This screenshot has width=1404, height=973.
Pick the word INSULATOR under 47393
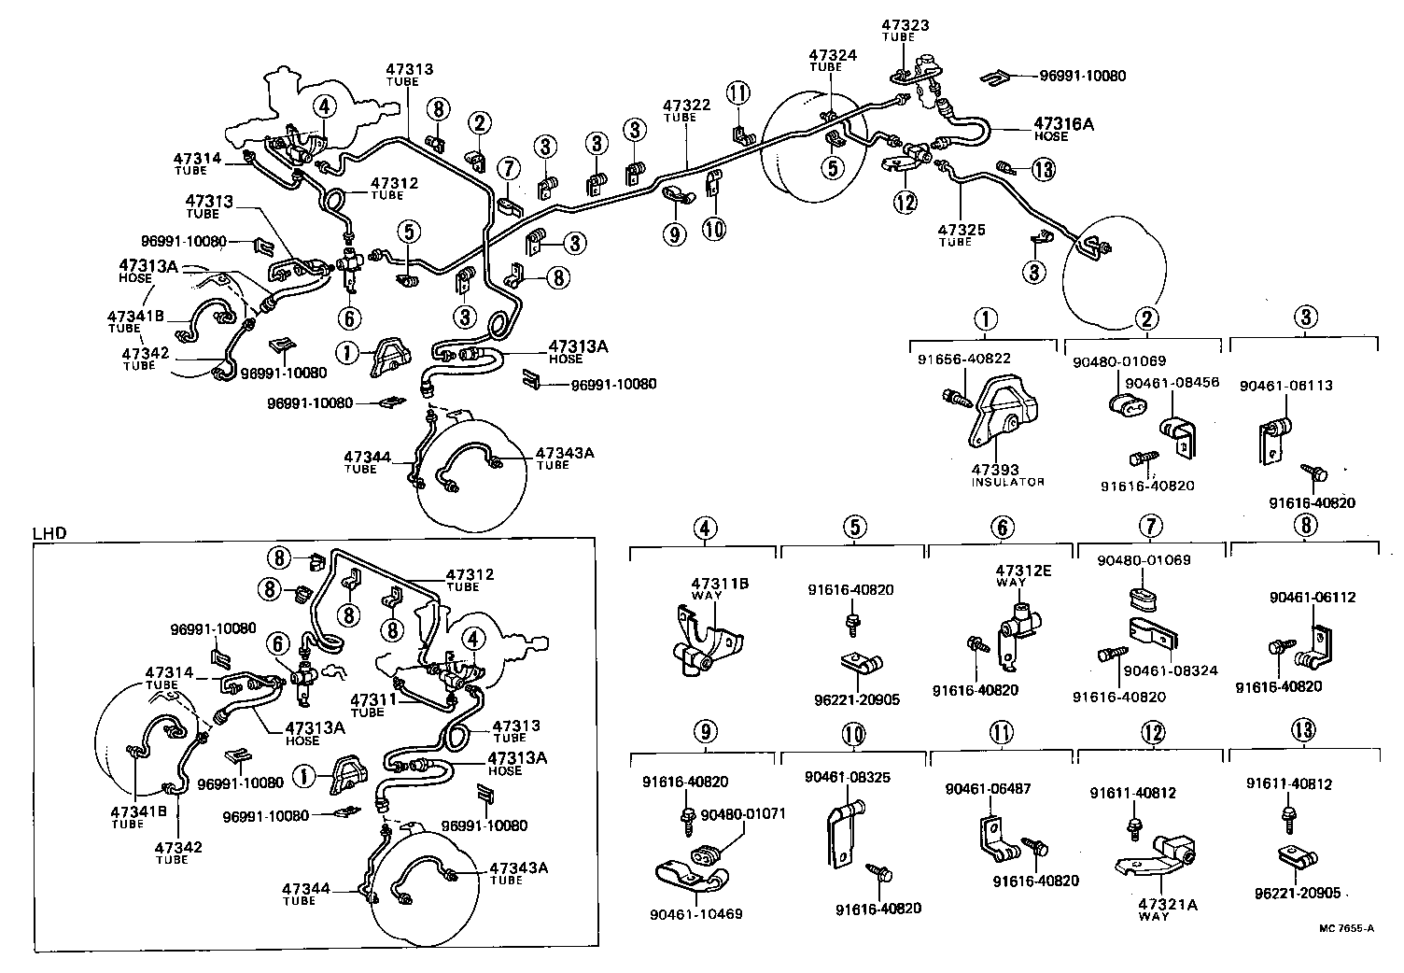[x=1007, y=482]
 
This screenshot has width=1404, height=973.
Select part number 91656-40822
[x=963, y=359]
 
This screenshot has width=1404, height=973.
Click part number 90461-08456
[x=1172, y=382]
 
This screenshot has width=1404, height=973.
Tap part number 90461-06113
[x=1285, y=385]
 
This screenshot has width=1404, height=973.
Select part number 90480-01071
[x=743, y=813]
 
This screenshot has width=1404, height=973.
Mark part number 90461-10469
[x=696, y=913]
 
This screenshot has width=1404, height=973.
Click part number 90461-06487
[x=988, y=788]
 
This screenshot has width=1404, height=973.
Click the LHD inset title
[x=49, y=533]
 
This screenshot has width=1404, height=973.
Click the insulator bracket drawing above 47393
[x=1004, y=416]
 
